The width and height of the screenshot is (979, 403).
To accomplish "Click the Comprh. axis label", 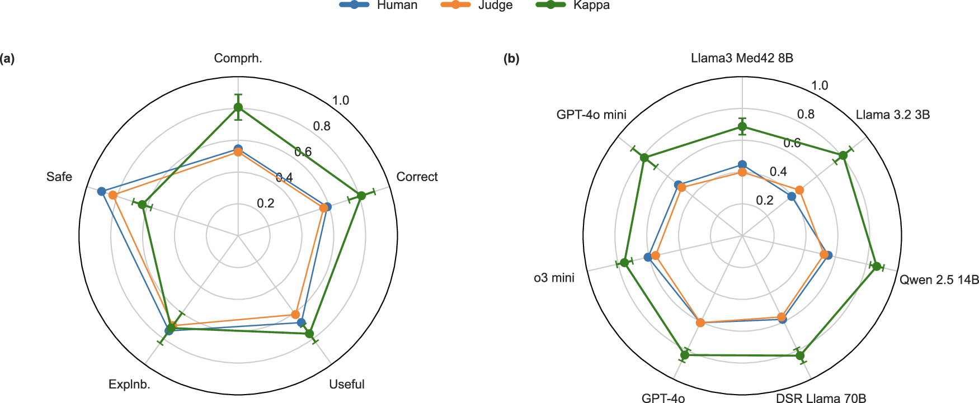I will (238, 58).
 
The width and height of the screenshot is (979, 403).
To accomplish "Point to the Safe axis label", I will (59, 177).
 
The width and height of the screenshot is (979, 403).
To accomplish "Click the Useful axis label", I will (346, 384).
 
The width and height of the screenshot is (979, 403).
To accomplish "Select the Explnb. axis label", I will (129, 384).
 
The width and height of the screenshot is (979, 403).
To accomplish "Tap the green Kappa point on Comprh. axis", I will (238, 107).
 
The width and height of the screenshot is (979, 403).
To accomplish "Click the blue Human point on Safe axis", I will (102, 192).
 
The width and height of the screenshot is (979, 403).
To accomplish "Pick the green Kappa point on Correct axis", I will (361, 196).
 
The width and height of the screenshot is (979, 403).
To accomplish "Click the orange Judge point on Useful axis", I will (295, 314).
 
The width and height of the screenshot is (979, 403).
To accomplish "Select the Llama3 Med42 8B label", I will (742, 58).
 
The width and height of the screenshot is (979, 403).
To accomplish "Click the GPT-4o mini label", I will (591, 115).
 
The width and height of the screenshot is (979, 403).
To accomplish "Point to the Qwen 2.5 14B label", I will (939, 279).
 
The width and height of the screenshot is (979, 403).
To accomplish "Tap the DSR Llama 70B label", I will (821, 398).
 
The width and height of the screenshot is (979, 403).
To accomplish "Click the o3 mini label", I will (554, 278).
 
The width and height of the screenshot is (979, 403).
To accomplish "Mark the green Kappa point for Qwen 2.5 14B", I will (877, 267).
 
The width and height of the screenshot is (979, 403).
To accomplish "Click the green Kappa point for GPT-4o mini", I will (644, 158).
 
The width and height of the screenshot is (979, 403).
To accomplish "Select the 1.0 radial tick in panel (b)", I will (820, 86).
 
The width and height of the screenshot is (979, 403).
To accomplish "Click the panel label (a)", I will (7, 59).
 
